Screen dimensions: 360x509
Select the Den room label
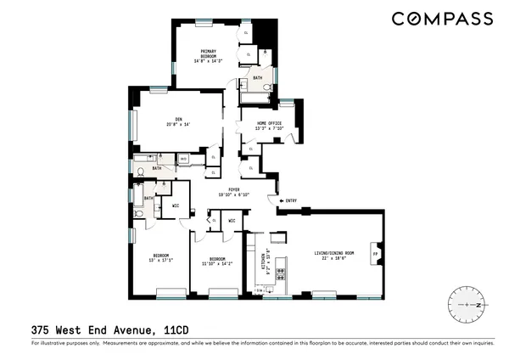[179, 121]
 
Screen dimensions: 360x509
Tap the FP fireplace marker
[376, 252]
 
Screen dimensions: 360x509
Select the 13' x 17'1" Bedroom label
[161, 258]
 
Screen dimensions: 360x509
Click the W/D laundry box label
[184, 157]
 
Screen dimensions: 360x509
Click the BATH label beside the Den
[157, 168]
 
